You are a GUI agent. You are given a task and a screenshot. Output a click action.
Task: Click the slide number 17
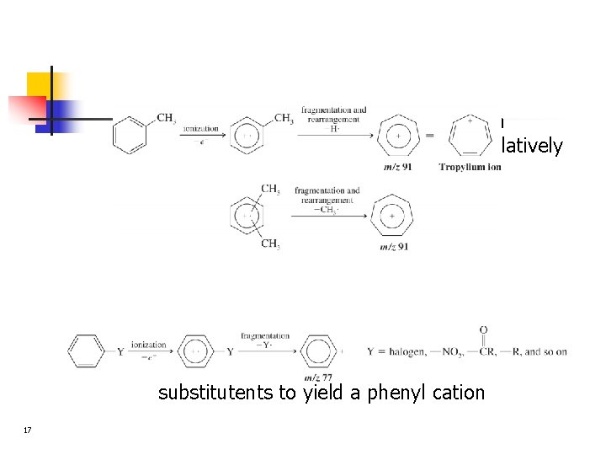28,431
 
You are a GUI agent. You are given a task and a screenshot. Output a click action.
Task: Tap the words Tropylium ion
470,167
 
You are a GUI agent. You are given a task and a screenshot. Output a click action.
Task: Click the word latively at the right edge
532,146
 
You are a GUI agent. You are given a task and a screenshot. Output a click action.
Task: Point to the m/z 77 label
318,377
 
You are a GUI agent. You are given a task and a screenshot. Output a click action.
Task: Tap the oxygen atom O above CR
483,329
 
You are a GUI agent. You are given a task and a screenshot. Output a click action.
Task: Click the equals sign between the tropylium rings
429,136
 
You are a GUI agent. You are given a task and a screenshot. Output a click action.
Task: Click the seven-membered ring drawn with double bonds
469,135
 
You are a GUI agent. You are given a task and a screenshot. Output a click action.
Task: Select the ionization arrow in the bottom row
148,351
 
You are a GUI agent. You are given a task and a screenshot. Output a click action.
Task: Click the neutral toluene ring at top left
130,135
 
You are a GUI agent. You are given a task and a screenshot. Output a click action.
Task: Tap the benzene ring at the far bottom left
86,351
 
